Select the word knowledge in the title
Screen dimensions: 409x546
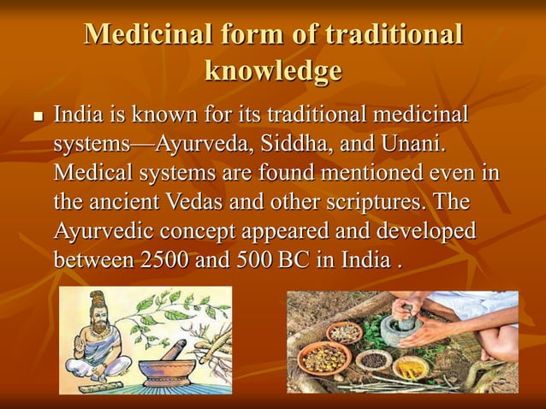pos(273,71)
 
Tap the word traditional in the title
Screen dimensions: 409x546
pos(393,35)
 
